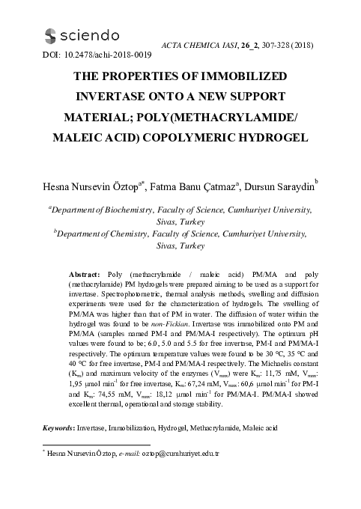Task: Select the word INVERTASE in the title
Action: coord(132,97)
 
